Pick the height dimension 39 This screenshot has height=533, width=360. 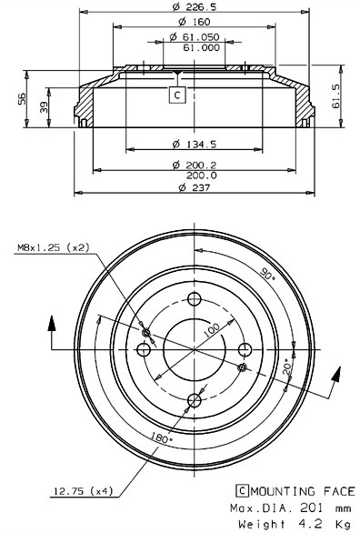click(45, 107)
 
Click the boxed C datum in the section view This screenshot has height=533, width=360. click(177, 94)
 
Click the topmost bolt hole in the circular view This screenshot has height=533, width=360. click(193, 301)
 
